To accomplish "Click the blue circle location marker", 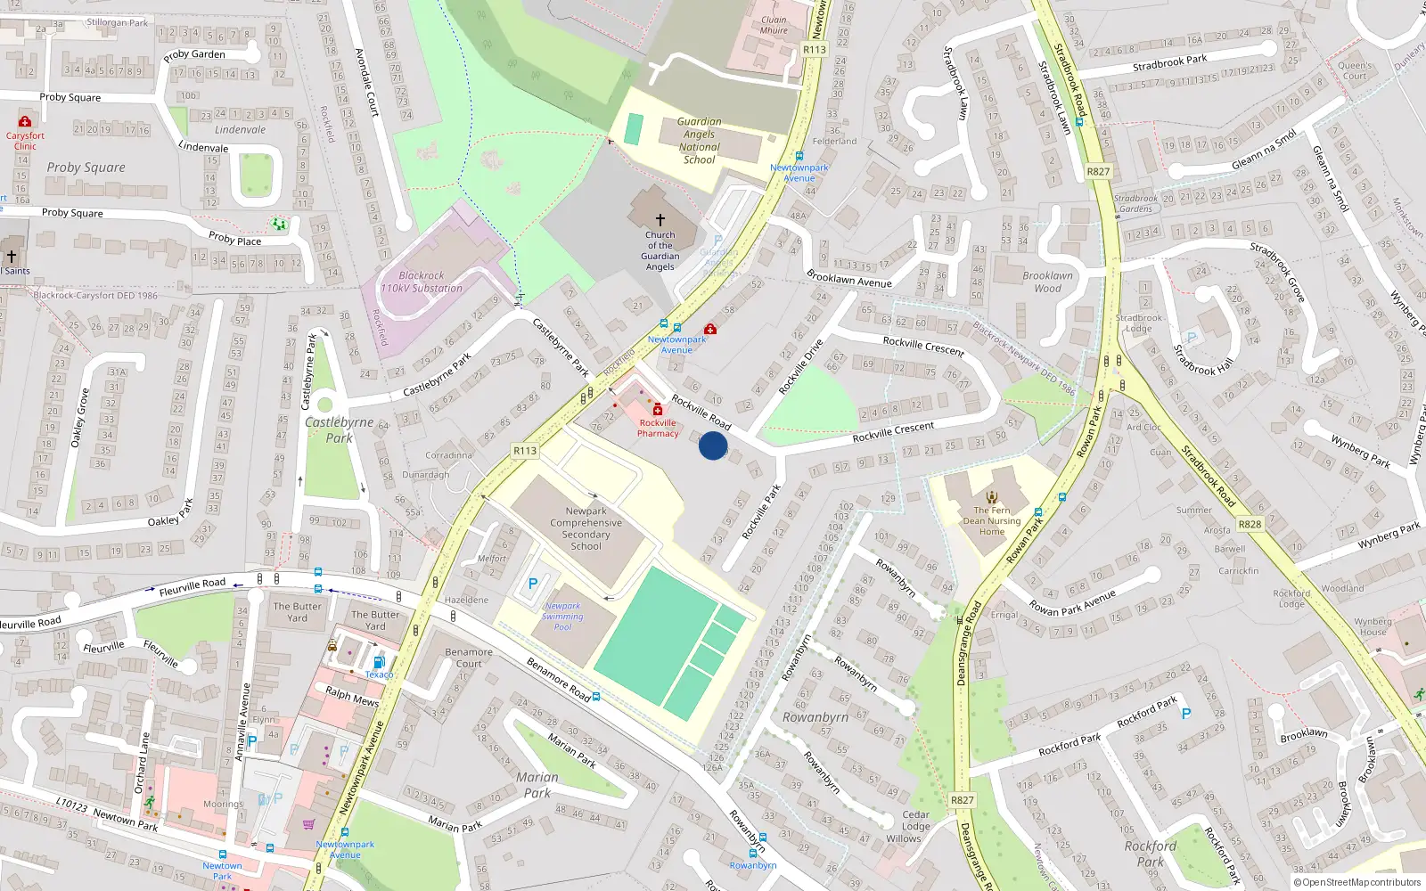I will [713, 445].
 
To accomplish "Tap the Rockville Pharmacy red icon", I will [658, 410].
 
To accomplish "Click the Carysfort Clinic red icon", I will [25, 121].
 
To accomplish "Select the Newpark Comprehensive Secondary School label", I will [586, 528].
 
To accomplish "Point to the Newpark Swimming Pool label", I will [562, 616].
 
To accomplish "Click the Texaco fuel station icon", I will [379, 662].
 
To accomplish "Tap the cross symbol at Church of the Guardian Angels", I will [660, 219].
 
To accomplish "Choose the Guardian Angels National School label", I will [700, 141].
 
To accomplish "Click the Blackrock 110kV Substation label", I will [422, 282].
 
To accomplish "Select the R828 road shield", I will [1250, 524].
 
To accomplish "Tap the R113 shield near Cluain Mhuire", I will [815, 50].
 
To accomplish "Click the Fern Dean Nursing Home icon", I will [992, 497].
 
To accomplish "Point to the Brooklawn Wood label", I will [1048, 282].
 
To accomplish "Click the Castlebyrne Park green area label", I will [340, 429].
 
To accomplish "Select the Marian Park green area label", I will [537, 784].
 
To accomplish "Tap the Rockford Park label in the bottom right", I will [1151, 854].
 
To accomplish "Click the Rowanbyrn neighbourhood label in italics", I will [815, 717].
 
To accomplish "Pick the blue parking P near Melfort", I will [533, 584].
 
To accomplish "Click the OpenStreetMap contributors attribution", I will [1358, 882].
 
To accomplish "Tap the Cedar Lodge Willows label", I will [916, 826].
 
